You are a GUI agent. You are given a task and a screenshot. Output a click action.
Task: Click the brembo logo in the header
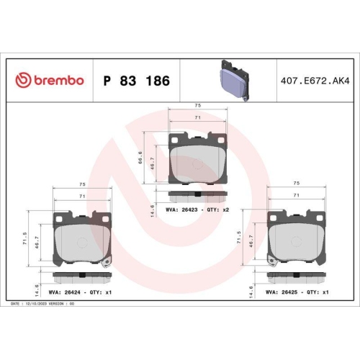tap(50, 81)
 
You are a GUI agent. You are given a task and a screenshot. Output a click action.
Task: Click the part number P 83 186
tap(137, 81)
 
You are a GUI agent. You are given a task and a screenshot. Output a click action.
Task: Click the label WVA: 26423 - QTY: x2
tap(197, 210)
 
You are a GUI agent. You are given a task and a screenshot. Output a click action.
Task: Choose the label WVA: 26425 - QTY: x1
tap(297, 292)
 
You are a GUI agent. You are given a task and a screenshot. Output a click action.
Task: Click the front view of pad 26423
tap(197, 158)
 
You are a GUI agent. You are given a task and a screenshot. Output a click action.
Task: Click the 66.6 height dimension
tap(142, 158)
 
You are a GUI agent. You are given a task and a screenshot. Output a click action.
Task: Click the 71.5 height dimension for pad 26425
tap(240, 238)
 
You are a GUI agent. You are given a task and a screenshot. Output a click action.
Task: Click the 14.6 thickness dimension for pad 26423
tap(151, 210)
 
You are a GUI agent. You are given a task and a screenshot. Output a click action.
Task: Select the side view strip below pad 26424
tap(81, 277)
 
